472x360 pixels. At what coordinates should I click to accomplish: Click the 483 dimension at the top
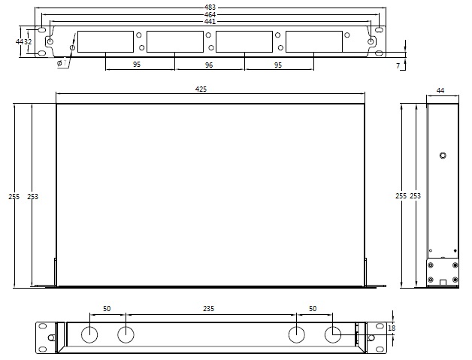pyautogui.click(x=210, y=7)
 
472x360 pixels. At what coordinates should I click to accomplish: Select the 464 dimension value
pyautogui.click(x=210, y=14)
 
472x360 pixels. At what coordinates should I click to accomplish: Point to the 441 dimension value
pyautogui.click(x=210, y=21)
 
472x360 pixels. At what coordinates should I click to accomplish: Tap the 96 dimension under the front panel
pyautogui.click(x=209, y=65)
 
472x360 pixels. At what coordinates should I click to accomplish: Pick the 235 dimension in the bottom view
pyautogui.click(x=209, y=308)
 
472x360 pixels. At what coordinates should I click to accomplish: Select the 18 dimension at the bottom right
pyautogui.click(x=391, y=328)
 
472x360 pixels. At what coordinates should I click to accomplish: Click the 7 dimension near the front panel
pyautogui.click(x=398, y=66)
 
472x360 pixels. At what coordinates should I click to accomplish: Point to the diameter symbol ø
pyautogui.click(x=59, y=64)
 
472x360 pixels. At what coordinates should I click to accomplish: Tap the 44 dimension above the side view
pyautogui.click(x=440, y=90)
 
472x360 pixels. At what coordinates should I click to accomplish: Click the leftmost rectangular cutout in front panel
pyautogui.click(x=105, y=41)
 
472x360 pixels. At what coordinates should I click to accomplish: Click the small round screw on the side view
pyautogui.click(x=443, y=156)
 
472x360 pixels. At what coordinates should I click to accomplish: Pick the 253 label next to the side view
pyautogui.click(x=415, y=196)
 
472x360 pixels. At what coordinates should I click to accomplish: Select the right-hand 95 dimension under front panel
pyautogui.click(x=278, y=65)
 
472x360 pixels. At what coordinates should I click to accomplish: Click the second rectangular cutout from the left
pyautogui.click(x=174, y=41)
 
